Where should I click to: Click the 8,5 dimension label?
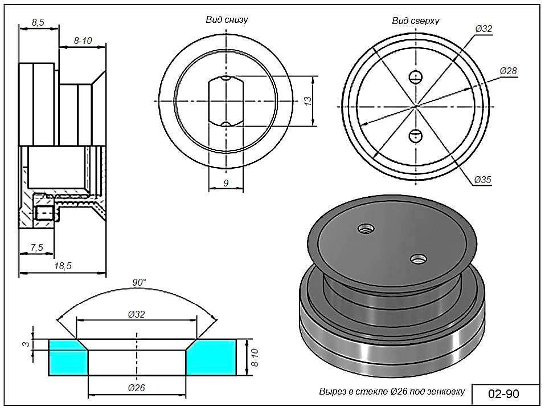(38, 22)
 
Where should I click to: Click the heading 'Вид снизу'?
(227, 19)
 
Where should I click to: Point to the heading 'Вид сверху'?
(415, 21)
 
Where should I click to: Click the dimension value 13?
(308, 101)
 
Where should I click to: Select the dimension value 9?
(226, 183)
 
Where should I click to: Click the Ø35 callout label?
(482, 180)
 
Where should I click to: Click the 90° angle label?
(139, 282)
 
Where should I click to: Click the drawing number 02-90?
(504, 394)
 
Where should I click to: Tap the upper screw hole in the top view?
(417, 76)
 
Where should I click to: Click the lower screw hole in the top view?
(416, 135)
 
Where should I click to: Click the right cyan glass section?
(212, 358)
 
